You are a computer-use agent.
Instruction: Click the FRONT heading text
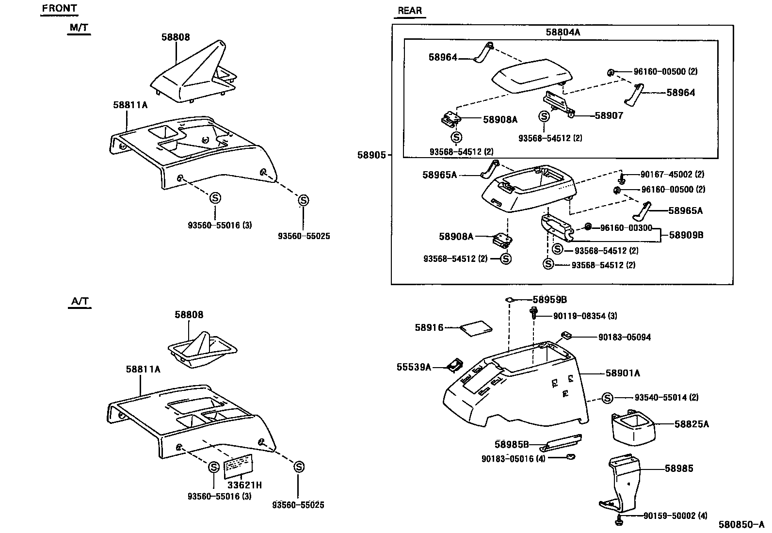point(59,8)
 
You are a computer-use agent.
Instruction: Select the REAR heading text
point(409,11)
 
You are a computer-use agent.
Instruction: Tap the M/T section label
point(79,28)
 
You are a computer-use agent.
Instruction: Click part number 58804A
point(563,32)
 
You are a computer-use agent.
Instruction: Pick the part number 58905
point(371,155)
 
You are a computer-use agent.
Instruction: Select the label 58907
point(609,115)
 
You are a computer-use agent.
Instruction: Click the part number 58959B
point(549,300)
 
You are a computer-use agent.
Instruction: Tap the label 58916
point(429,328)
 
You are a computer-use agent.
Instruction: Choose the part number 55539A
point(414,367)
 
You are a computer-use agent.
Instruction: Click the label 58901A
point(623,373)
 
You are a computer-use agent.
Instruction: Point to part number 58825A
point(691,424)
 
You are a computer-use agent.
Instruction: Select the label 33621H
point(245,485)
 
